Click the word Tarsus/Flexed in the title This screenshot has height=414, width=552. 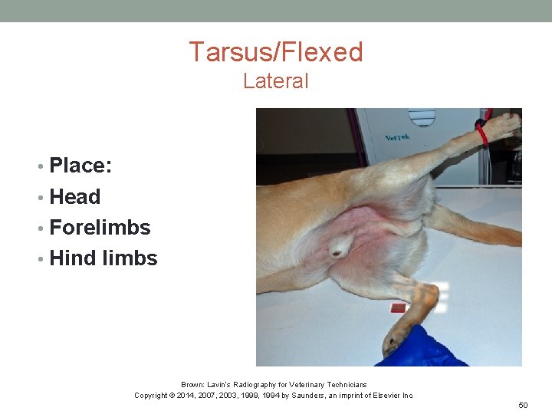(276, 52)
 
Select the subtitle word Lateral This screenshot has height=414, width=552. (276, 80)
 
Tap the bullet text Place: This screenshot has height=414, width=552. (80, 166)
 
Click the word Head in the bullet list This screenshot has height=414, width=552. (74, 197)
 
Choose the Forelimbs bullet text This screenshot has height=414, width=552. (100, 228)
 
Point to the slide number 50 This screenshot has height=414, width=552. (524, 404)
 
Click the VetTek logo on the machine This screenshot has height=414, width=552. (397, 139)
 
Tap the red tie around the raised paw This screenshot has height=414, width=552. (482, 130)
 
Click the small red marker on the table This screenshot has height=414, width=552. (397, 308)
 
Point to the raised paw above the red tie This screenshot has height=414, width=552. (502, 123)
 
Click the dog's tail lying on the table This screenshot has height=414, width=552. (475, 229)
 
